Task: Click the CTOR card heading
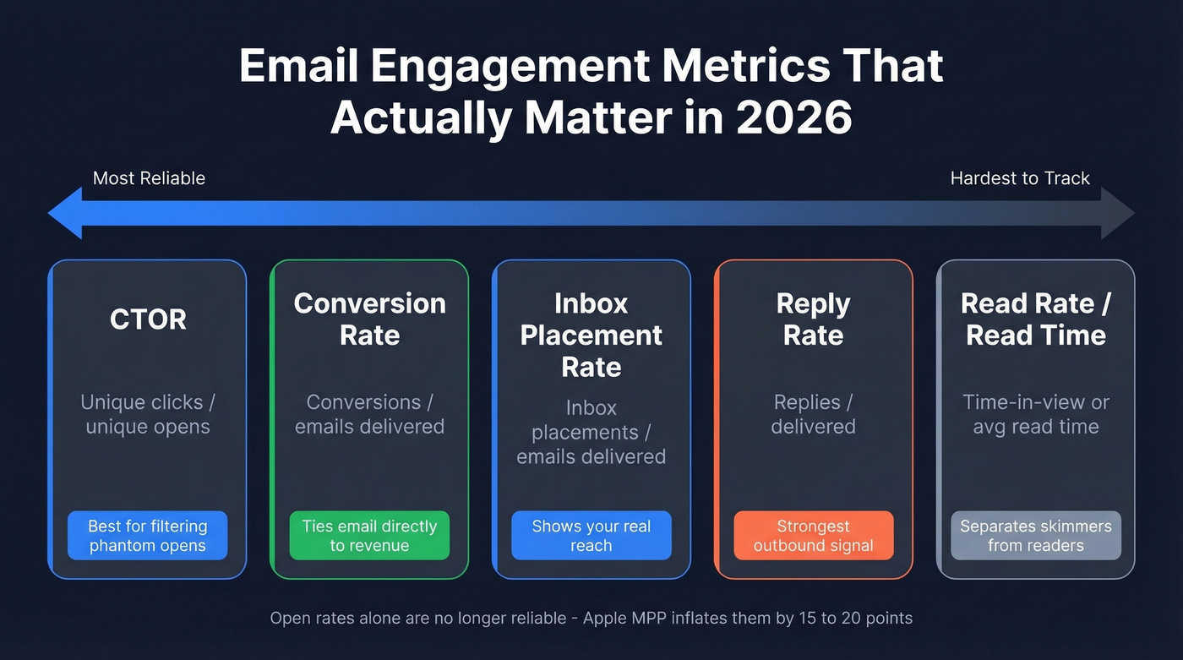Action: [x=148, y=319]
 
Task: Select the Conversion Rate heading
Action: [x=369, y=319]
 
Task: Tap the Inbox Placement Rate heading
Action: [x=591, y=335]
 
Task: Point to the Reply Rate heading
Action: [x=813, y=319]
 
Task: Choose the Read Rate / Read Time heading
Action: [x=1035, y=319]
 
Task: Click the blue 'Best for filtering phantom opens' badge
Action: [x=148, y=536]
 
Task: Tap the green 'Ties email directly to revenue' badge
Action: [x=369, y=536]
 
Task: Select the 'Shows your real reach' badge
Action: [x=591, y=536]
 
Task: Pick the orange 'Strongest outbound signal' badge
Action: [x=813, y=536]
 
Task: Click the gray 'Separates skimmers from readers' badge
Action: [x=1035, y=536]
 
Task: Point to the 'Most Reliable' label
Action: [x=149, y=178]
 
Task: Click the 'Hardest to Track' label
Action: [x=1020, y=178]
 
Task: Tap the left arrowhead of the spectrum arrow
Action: [x=66, y=214]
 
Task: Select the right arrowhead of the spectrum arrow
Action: [x=1117, y=214]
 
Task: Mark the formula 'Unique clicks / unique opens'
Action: [x=148, y=414]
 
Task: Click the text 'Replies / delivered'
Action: [x=813, y=414]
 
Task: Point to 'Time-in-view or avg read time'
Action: [x=1035, y=414]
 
